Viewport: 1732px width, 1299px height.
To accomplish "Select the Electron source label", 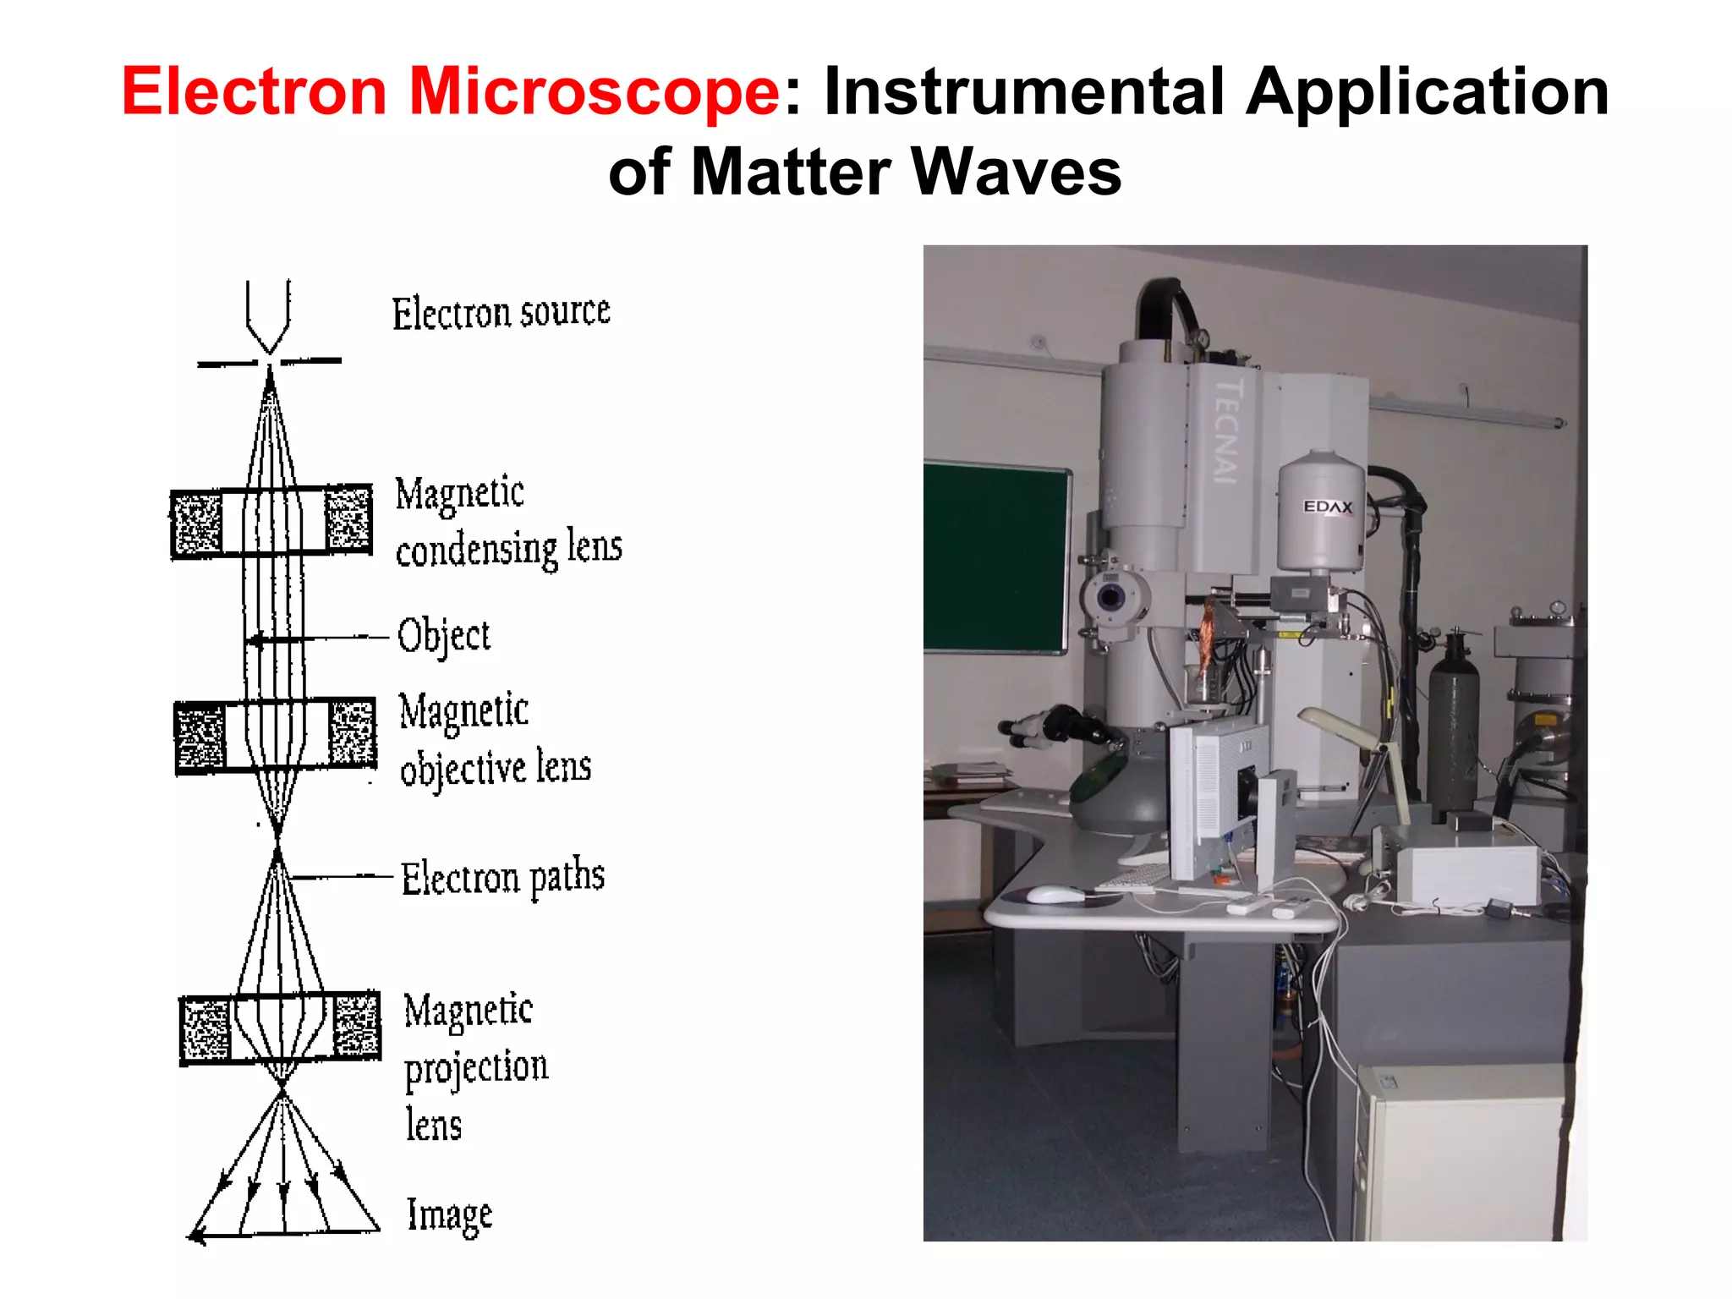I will tap(501, 313).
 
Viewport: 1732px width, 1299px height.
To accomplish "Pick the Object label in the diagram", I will tap(444, 636).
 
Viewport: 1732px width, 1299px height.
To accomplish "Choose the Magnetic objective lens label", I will tap(495, 739).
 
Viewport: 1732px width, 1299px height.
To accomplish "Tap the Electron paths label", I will tap(502, 878).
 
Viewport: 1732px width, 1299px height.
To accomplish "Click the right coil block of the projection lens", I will tap(357, 1026).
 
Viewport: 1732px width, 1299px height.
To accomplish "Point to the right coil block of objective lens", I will tap(352, 732).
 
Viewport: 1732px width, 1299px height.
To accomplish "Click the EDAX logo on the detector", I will tap(1327, 507).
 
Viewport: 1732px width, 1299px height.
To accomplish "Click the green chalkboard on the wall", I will tap(994, 558).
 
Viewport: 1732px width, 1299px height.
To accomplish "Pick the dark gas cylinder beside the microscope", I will tap(1452, 727).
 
